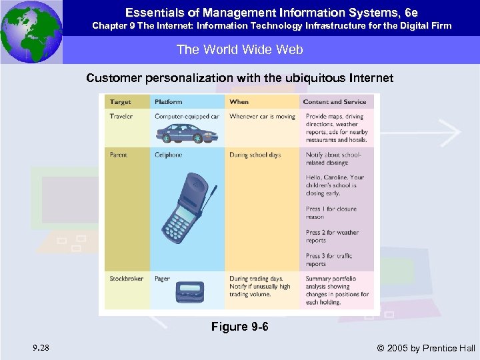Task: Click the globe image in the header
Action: (31, 31)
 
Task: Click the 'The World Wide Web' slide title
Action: (239, 49)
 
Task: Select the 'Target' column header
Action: (121, 102)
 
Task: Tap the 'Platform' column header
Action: (169, 102)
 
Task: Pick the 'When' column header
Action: (239, 102)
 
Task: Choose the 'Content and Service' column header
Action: (334, 102)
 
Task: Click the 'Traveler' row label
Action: (121, 117)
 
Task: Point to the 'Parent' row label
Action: (119, 155)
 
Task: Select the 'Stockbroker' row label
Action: (127, 279)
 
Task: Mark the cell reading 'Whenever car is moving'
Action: (262, 117)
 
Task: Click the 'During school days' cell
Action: (255, 155)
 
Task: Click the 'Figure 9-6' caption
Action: (239, 327)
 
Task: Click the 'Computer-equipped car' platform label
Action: (187, 117)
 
